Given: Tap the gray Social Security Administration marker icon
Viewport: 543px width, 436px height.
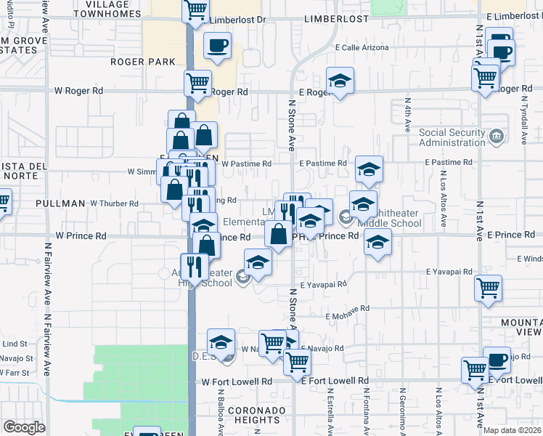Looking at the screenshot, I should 496,136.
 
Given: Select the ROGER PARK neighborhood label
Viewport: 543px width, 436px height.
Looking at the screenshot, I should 143,62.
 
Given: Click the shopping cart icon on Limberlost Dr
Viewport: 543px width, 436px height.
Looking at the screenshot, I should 196,11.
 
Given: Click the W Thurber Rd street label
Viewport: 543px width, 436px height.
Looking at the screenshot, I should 114,203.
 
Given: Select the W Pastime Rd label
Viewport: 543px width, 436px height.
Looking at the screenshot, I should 246,164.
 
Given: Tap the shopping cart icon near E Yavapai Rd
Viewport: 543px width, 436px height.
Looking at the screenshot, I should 487,287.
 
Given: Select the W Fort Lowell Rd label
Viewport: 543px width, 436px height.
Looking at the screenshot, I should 236,381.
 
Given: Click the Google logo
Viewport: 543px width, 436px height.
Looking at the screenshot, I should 24,427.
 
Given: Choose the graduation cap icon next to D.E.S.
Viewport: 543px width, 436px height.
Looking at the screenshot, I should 221,342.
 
